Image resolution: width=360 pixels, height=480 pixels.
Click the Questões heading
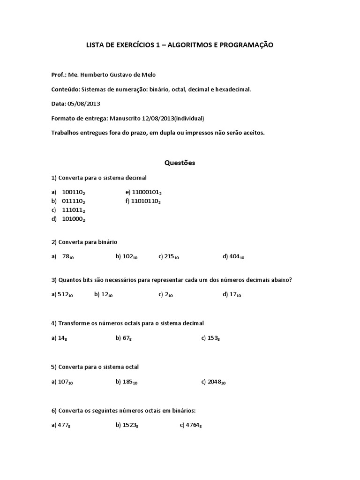click(180, 163)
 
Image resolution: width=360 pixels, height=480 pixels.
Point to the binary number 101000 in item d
click(73, 219)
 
